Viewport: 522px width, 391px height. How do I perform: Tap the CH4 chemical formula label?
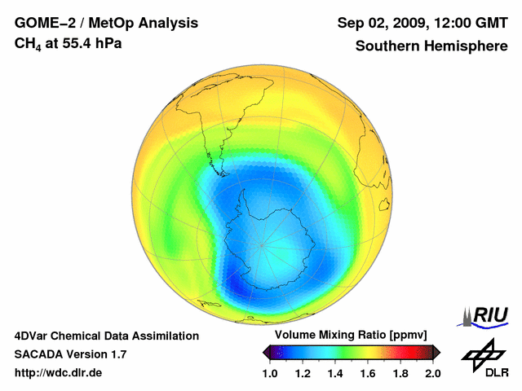(x=28, y=43)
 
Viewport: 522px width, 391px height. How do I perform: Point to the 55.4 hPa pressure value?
(x=88, y=42)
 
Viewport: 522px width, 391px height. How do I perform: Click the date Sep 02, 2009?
(x=382, y=24)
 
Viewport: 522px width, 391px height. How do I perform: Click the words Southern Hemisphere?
(x=431, y=46)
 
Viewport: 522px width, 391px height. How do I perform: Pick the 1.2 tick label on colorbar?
(x=303, y=373)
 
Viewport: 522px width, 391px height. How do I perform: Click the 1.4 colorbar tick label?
(x=335, y=373)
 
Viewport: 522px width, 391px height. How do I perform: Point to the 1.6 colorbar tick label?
(x=367, y=373)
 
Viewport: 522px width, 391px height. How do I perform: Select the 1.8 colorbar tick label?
(x=400, y=373)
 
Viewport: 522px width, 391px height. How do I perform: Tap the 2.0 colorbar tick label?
(x=432, y=373)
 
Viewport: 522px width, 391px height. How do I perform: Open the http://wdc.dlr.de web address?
(x=59, y=373)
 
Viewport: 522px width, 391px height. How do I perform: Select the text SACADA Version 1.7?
(x=70, y=354)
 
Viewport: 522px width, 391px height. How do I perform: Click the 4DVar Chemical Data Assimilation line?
(x=106, y=336)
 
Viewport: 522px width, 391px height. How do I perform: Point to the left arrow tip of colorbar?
(x=263, y=352)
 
